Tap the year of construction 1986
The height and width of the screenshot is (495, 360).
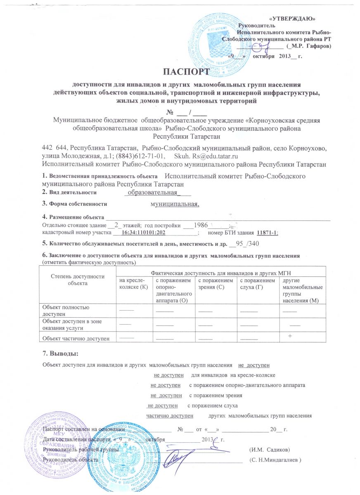(201, 225)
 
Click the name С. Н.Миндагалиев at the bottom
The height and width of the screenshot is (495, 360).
(275, 460)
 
